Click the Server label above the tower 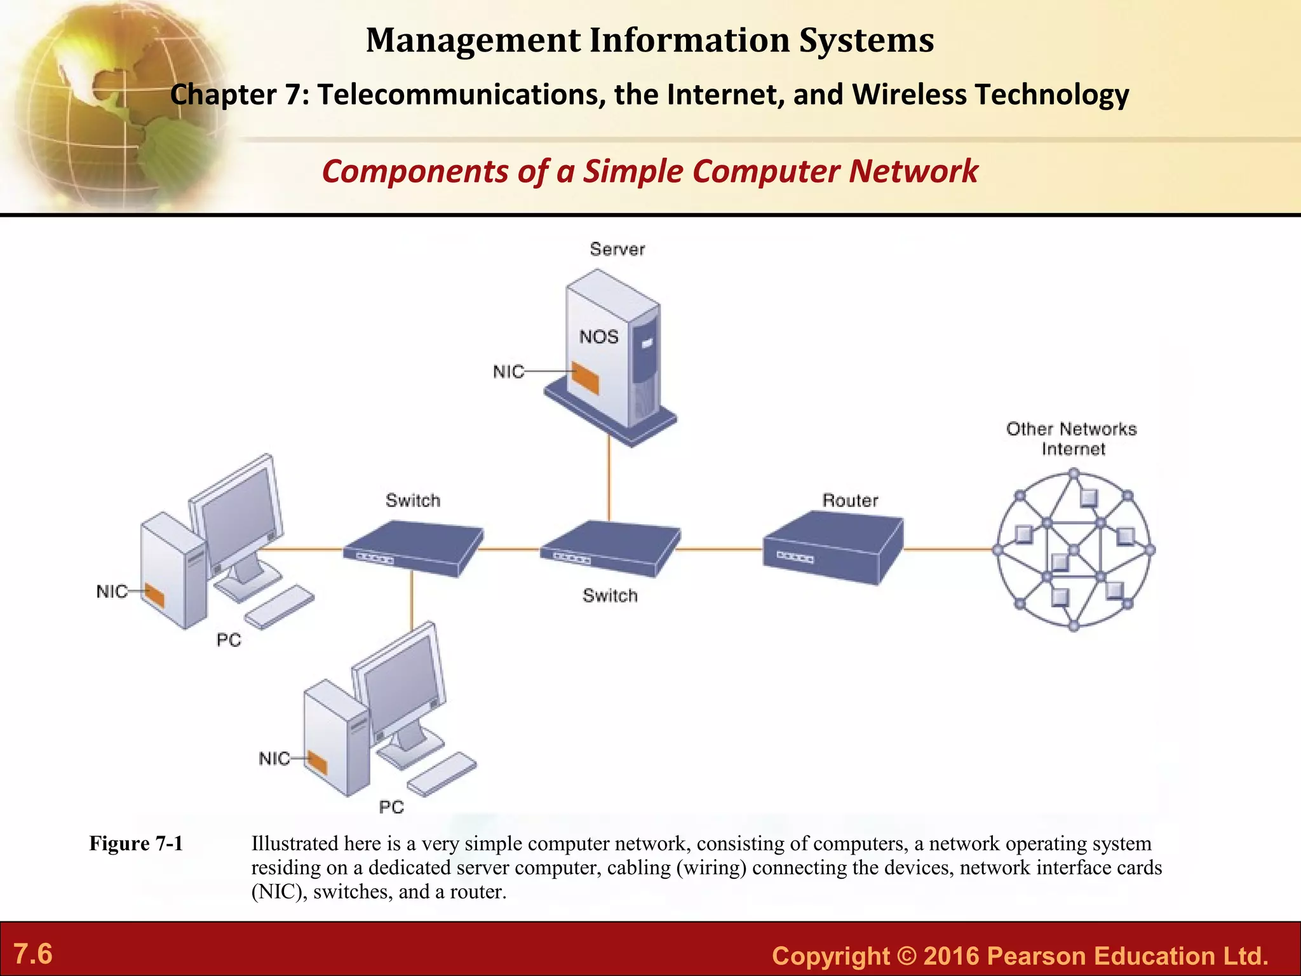617,249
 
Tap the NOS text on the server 598,336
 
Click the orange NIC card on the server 585,377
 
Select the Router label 850,500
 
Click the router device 832,550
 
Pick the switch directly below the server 610,548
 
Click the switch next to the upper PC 413,548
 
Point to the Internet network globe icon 1074,550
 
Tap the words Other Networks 1071,429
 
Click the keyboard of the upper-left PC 280,607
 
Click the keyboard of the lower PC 442,774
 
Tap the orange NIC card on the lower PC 318,761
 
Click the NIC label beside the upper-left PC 111,592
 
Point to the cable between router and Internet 948,549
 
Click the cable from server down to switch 609,483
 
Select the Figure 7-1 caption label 136,843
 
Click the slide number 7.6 33,954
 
